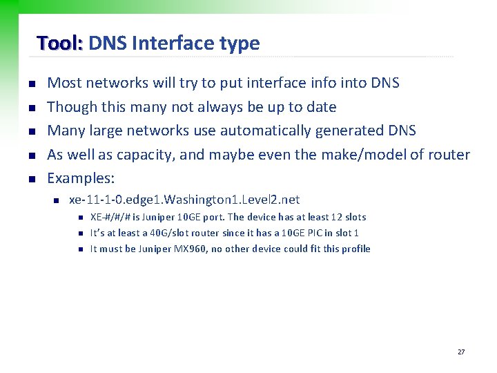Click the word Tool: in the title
pos(60,44)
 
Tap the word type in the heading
pos(240,44)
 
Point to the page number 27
pos(461,352)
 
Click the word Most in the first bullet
pos(62,83)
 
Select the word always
pos(219,107)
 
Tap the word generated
pos(337,131)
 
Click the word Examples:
pos(80,178)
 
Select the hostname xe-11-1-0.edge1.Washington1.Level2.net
pos(184,200)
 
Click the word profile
pos(355,249)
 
